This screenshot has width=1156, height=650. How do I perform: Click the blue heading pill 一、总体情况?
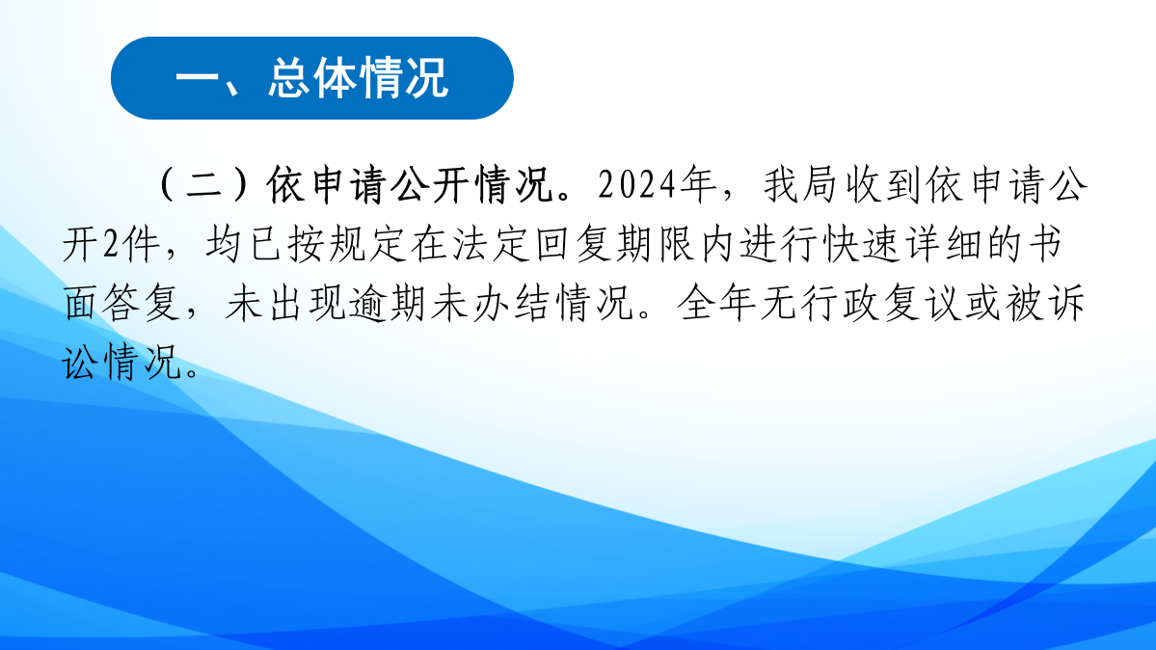click(311, 78)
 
